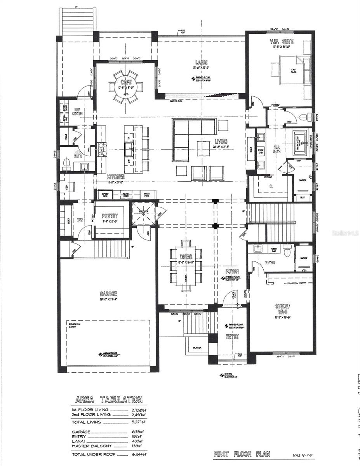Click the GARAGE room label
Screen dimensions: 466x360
(x=108, y=294)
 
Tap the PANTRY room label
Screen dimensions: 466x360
(x=110, y=216)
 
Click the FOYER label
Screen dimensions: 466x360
(x=233, y=271)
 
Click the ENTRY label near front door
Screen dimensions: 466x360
(x=232, y=337)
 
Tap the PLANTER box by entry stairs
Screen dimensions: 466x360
(x=197, y=348)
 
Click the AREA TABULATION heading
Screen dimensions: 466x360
(x=108, y=399)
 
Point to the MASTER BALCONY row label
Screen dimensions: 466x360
(x=92, y=446)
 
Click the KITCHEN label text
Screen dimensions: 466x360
(x=116, y=176)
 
